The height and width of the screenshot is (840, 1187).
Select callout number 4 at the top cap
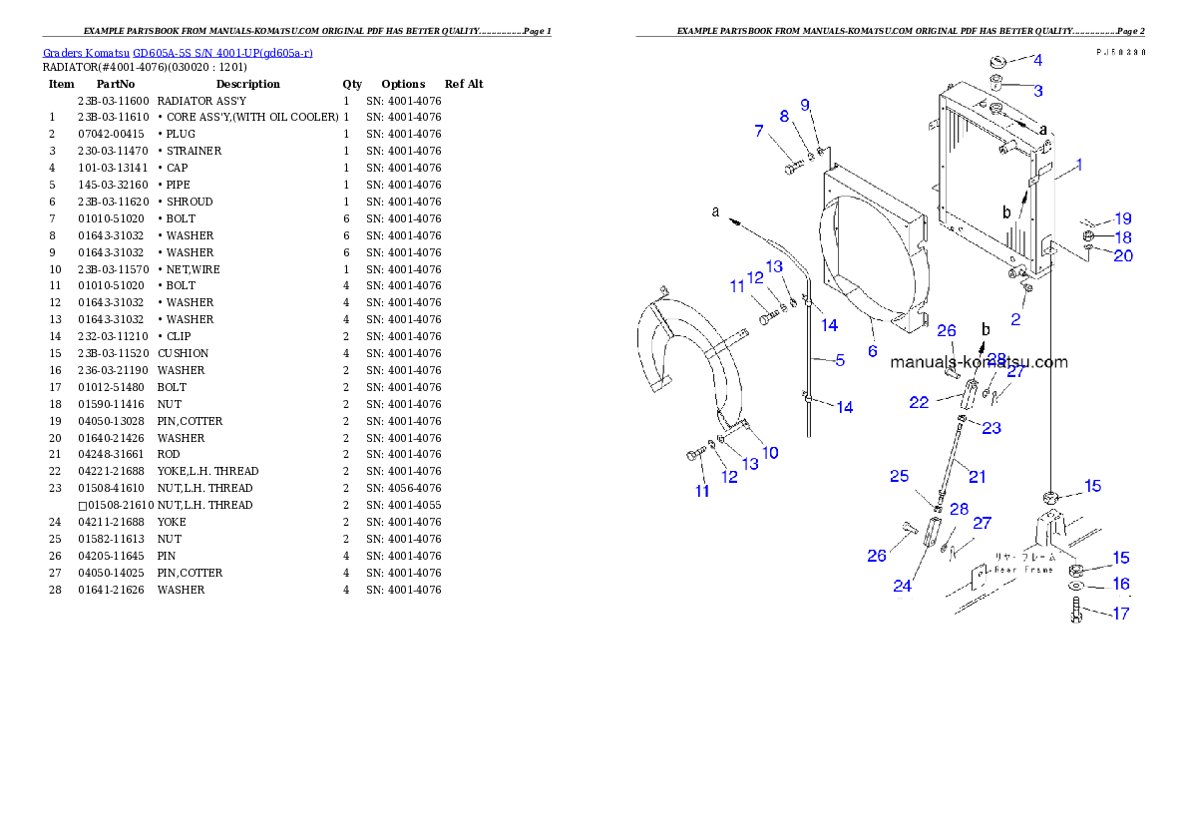pyautogui.click(x=1037, y=60)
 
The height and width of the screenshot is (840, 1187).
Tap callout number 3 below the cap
pyautogui.click(x=1037, y=91)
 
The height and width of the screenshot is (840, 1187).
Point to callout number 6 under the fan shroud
pyautogui.click(x=872, y=351)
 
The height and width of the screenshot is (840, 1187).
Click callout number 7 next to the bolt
pyautogui.click(x=759, y=131)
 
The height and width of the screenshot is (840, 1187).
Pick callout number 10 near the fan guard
pyautogui.click(x=770, y=452)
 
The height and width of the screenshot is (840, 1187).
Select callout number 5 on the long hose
pyautogui.click(x=839, y=360)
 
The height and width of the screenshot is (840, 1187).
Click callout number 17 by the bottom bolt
pyautogui.click(x=1121, y=614)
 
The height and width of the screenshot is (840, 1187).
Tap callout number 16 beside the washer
pyautogui.click(x=1121, y=585)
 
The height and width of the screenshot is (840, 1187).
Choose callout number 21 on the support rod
pyautogui.click(x=978, y=477)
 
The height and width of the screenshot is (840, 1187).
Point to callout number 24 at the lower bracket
pyautogui.click(x=902, y=587)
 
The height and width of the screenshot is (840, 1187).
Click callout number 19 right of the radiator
pyautogui.click(x=1123, y=218)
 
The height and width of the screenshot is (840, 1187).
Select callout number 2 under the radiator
pyautogui.click(x=1015, y=319)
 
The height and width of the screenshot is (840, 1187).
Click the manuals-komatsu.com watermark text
pyautogui.click(x=979, y=362)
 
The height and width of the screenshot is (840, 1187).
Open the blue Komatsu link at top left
pyautogui.click(x=178, y=53)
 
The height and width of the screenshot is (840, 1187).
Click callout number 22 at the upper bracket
pyautogui.click(x=919, y=402)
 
